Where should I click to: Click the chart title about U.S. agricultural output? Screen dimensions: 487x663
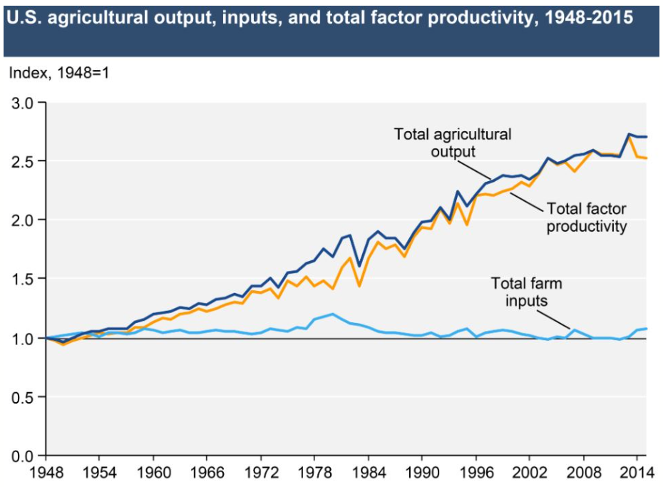319,18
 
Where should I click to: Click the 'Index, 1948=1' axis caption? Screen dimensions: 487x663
58,73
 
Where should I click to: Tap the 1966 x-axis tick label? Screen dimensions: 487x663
206,471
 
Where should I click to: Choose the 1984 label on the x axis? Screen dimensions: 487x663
368,471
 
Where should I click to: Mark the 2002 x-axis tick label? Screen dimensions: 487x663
529,471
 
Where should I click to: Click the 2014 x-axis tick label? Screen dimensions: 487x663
636,471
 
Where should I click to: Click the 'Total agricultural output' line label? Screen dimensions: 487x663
453,142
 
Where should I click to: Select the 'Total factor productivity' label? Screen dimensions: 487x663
586,217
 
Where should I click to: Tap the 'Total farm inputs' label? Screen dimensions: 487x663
526,292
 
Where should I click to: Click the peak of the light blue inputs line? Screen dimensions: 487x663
332,314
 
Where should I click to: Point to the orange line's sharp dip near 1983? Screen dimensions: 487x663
359,286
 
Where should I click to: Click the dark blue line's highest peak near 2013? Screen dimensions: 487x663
629,134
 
